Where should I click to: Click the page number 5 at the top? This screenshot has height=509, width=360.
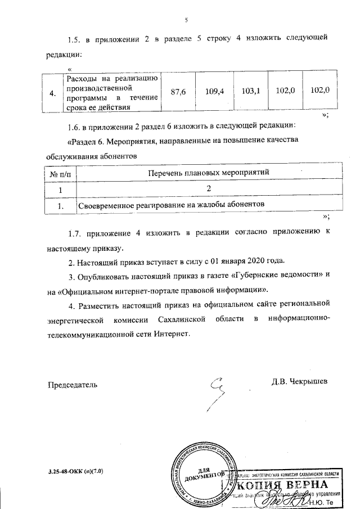186,20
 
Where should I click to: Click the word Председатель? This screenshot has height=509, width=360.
71,385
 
